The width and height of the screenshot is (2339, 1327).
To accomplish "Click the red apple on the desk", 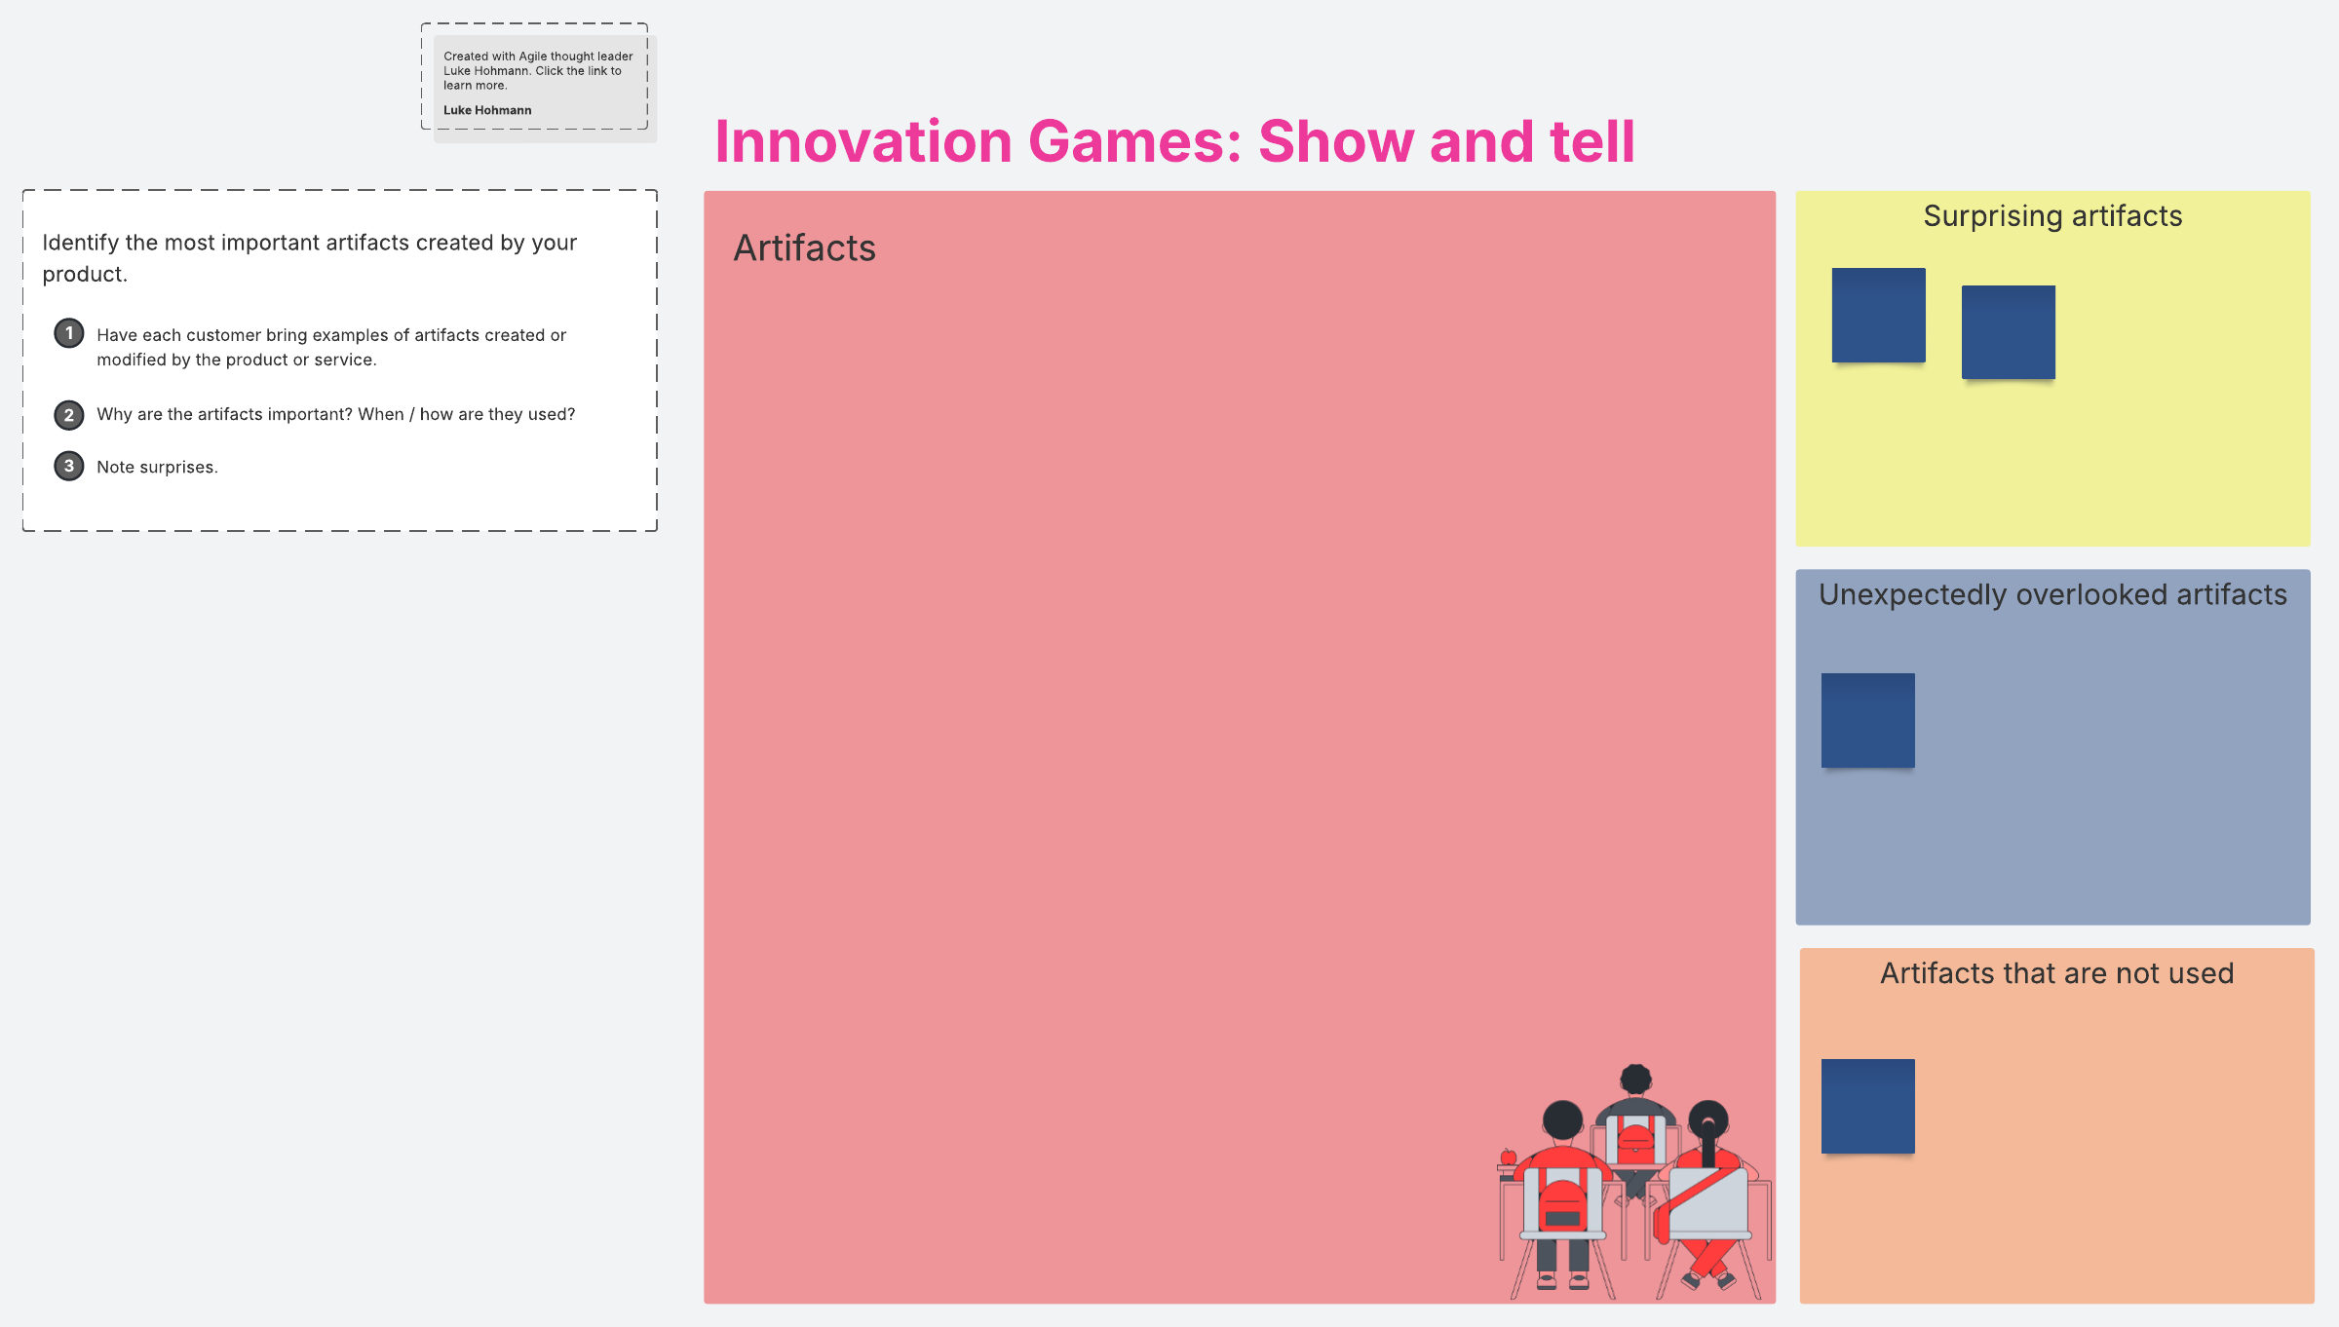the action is click(x=1508, y=1157).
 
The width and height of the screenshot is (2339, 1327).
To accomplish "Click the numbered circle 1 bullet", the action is click(x=68, y=333).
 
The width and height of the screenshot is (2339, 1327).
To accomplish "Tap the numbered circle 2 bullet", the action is click(x=68, y=415).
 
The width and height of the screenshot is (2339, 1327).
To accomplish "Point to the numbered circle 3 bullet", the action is click(x=68, y=467).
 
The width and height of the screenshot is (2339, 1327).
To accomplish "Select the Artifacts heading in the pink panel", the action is click(x=804, y=248).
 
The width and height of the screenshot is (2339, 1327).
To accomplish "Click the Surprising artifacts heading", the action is click(x=2052, y=216).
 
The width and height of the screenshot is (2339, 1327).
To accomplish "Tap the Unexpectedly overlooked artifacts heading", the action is click(x=2052, y=595).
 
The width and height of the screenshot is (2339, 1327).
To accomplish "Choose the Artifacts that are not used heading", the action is click(x=2056, y=973).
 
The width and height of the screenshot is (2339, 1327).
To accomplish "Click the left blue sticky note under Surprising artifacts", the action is click(x=1878, y=315).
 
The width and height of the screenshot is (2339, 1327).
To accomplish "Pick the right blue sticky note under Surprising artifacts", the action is click(x=2008, y=332).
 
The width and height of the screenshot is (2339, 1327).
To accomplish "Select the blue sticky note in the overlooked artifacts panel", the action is click(x=1867, y=720).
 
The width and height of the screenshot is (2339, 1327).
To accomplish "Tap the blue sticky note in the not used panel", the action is click(x=1867, y=1106).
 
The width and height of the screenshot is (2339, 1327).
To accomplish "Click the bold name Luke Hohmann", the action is click(x=487, y=110).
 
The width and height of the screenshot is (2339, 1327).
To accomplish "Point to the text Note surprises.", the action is click(x=157, y=468).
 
